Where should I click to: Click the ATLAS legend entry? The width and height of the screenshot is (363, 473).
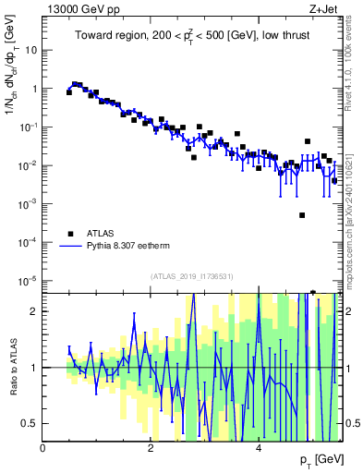click(101, 234)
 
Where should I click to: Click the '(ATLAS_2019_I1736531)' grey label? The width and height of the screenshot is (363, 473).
click(191, 276)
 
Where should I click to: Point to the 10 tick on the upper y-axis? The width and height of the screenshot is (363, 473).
click(30, 51)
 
